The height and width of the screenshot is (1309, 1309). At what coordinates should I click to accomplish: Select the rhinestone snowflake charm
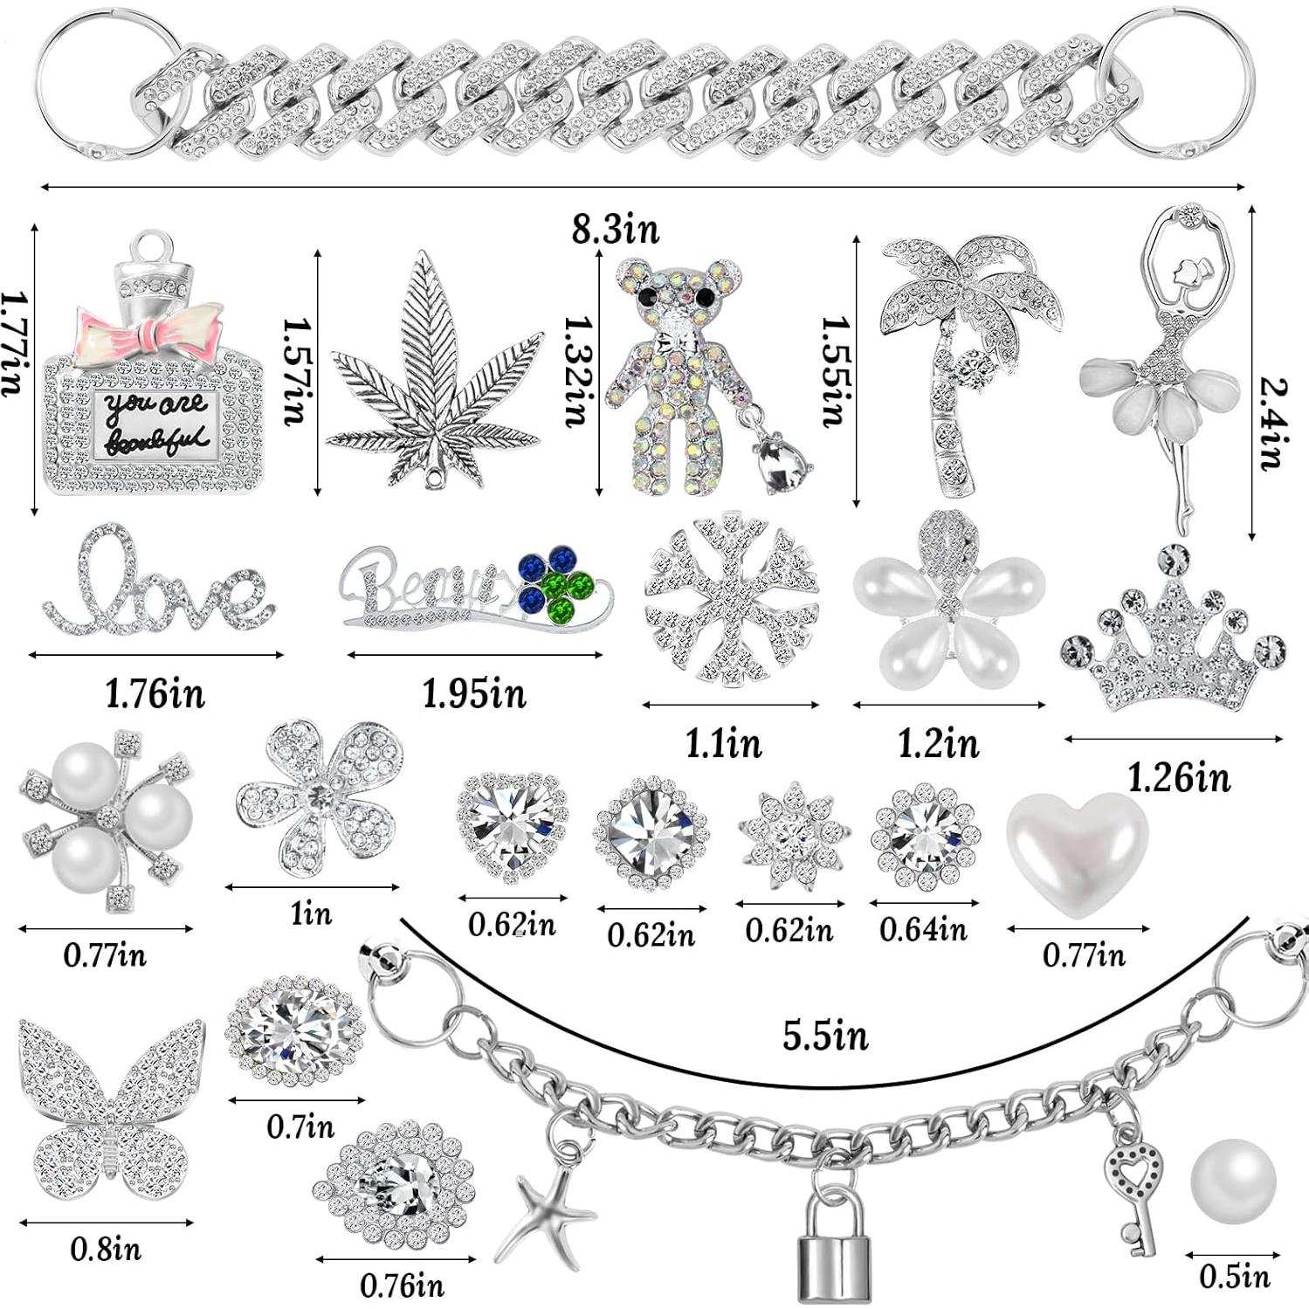(x=732, y=602)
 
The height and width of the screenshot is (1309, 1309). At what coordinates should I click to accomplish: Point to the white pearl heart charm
(x=1078, y=851)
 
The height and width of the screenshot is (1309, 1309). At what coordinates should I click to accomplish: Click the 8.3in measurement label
(x=616, y=231)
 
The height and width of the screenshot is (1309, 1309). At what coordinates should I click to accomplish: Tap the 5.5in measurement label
(x=825, y=1037)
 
